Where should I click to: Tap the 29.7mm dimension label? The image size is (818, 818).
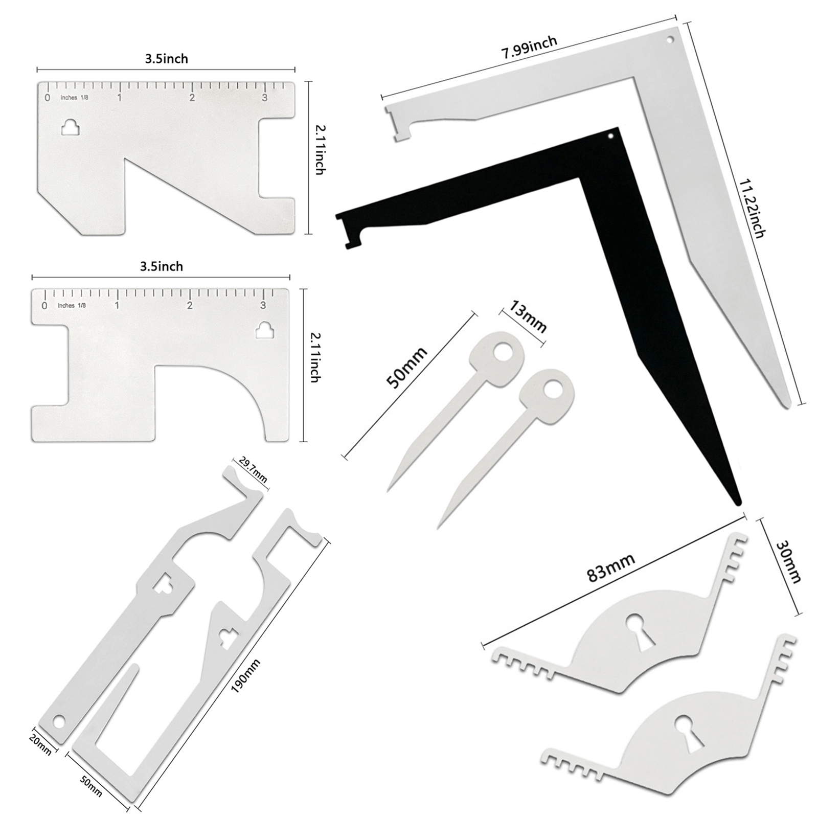tap(253, 471)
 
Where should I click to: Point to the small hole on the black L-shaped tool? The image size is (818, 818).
tap(610, 137)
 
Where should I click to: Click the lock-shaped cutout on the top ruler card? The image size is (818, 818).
tap(70, 128)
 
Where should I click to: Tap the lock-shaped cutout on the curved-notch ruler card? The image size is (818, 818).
tap(265, 330)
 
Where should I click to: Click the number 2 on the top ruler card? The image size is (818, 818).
tap(192, 97)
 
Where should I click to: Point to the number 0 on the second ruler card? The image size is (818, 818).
tap(44, 305)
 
